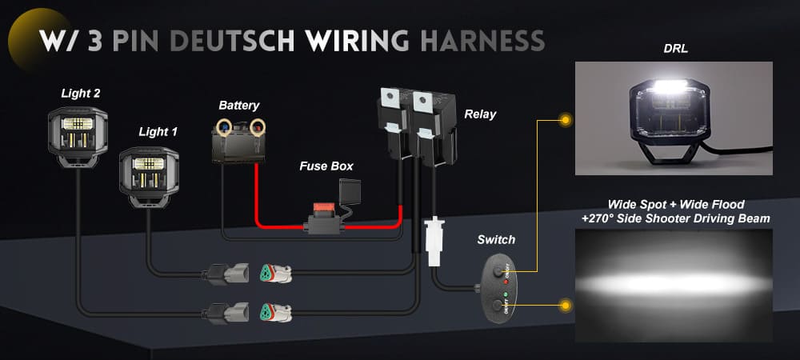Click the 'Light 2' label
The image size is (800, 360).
(81, 94)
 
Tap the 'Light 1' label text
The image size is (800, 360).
(158, 131)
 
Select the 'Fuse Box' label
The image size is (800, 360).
(326, 166)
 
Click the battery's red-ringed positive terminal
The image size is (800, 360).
(258, 126)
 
